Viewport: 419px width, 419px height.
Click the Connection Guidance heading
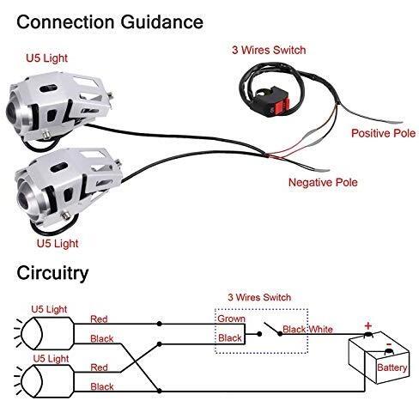(x=110, y=22)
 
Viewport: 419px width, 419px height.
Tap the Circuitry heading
(x=52, y=273)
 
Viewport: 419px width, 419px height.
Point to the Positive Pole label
(x=383, y=133)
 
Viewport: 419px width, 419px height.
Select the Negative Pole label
(x=323, y=182)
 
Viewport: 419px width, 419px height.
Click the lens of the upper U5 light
(x=13, y=110)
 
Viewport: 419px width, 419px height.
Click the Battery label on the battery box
(x=392, y=367)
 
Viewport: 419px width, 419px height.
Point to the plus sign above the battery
(x=368, y=325)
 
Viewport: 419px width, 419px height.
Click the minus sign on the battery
(x=389, y=344)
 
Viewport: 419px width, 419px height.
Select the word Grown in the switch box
(x=231, y=319)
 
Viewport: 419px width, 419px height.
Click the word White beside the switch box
(x=321, y=330)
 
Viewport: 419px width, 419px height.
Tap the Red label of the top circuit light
(x=99, y=319)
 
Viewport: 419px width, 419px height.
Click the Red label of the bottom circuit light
(x=99, y=367)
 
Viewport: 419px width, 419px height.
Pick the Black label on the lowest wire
(x=102, y=386)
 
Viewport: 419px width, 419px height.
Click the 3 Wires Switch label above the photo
(x=269, y=50)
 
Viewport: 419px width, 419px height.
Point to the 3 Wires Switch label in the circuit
(x=259, y=297)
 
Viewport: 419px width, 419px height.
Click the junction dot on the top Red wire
(x=160, y=324)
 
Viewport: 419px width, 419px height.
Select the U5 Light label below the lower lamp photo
(x=58, y=244)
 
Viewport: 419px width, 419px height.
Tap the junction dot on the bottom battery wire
(x=160, y=391)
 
